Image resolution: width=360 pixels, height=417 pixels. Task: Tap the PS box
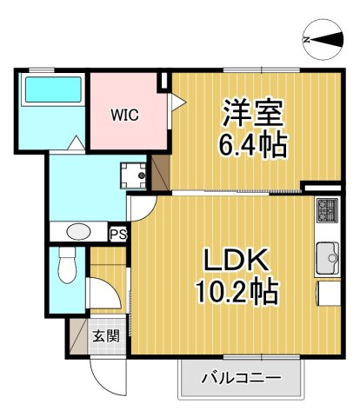click(117, 233)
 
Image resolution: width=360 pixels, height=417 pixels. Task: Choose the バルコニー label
click(241, 379)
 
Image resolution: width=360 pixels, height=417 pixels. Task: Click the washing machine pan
click(135, 175)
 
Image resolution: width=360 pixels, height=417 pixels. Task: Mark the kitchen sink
click(329, 258)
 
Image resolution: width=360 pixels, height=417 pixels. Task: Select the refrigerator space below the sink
click(329, 293)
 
